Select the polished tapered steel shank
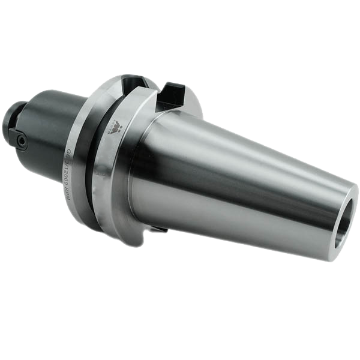[x=240, y=174]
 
